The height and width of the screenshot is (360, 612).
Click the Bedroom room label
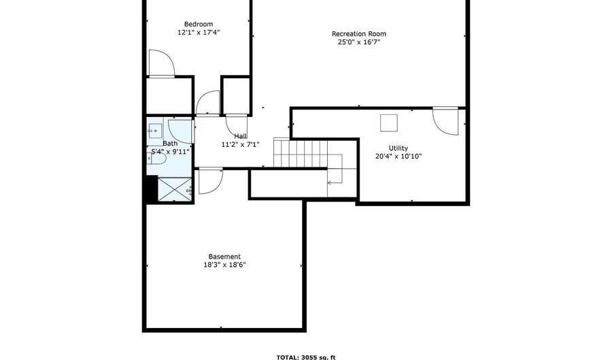coord(199,24)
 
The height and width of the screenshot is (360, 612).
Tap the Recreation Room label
coord(358,34)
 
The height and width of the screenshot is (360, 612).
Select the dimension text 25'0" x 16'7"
coord(358,42)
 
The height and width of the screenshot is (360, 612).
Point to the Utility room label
coord(398,148)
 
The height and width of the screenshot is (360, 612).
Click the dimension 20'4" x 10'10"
coord(398,157)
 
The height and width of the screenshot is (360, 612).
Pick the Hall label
coord(241,136)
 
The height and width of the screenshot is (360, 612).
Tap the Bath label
coord(170,144)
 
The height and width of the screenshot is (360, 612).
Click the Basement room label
coord(224,257)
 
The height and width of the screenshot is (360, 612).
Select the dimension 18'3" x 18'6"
coord(224,265)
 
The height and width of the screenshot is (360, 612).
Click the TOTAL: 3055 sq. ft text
coord(306,357)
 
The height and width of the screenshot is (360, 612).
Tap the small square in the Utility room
coord(389,123)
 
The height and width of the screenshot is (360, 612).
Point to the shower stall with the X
coord(175,190)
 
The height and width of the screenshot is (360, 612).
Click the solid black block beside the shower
coord(152,189)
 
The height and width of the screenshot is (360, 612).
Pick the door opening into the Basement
coord(211,181)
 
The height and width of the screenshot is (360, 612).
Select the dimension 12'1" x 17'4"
coord(199,33)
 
